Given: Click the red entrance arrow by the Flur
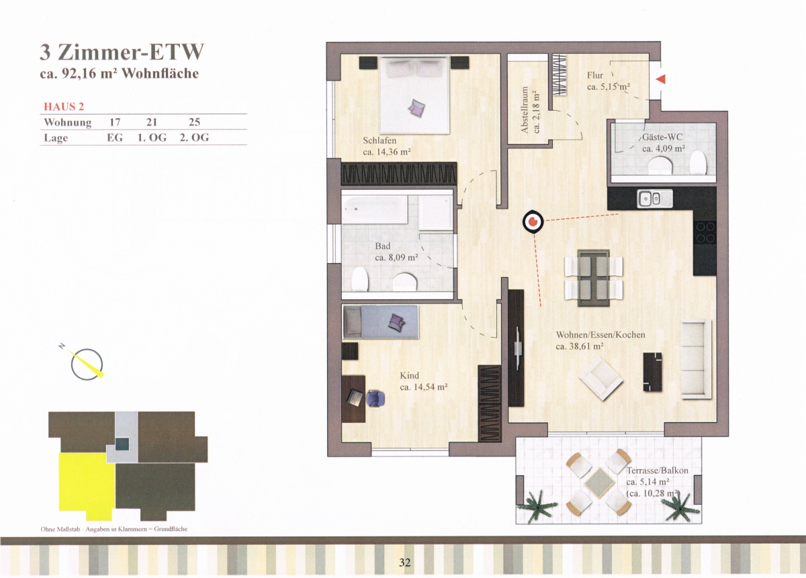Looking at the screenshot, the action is click(x=661, y=79).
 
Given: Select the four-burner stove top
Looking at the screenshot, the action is click(x=705, y=233).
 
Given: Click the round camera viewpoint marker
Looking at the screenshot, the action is click(x=533, y=222).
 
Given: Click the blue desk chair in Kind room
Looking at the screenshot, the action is click(x=375, y=399).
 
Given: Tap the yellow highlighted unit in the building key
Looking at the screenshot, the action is click(x=87, y=486).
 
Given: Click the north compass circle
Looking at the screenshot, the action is click(x=87, y=365).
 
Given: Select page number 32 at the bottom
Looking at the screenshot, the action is click(x=405, y=562).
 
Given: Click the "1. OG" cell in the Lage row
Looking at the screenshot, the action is click(x=152, y=138).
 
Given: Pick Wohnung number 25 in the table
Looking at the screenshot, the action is click(x=194, y=122).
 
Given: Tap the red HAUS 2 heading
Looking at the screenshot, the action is click(x=64, y=107).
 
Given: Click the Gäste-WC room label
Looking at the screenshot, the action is click(x=662, y=137).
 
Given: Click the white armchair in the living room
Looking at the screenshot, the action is click(x=600, y=379).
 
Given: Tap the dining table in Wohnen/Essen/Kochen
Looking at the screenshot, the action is click(x=594, y=278).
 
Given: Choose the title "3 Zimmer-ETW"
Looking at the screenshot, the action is click(x=122, y=52).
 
